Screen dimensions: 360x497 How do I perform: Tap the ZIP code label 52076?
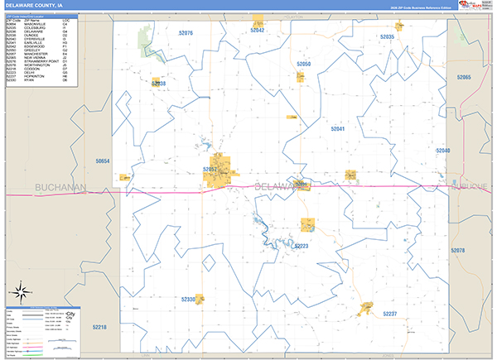[x=185, y=33]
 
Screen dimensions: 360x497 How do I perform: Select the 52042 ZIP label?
[x=257, y=30]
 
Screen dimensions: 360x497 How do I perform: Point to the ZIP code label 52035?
[x=387, y=37]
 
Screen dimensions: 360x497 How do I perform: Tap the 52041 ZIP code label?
[x=338, y=129]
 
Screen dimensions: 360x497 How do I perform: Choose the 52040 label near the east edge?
[x=442, y=151]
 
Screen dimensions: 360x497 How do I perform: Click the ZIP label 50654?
[x=102, y=161]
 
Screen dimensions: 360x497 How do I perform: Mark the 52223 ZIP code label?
[x=301, y=246]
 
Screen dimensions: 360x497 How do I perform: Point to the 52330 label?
[x=188, y=299]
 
